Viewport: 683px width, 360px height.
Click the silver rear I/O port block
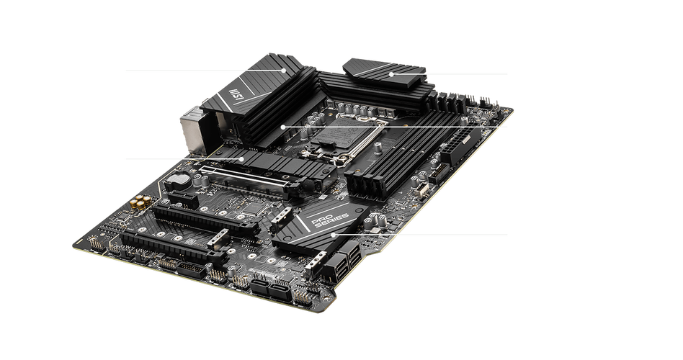pyautogui.click(x=192, y=130)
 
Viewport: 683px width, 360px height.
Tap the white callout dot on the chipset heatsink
pyautogui.click(x=334, y=234)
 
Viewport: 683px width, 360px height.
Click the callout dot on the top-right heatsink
pyautogui.click(x=391, y=74)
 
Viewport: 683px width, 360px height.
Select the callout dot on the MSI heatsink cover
pyautogui.click(x=284, y=70)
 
